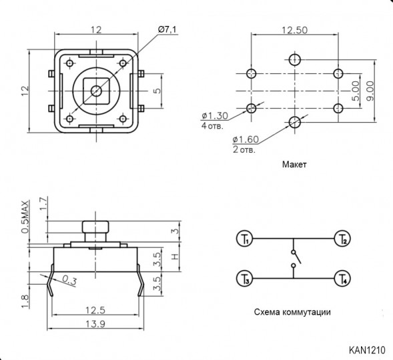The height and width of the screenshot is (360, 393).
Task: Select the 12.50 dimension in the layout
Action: [x=295, y=29]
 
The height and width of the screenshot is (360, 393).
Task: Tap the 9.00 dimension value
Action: [x=370, y=90]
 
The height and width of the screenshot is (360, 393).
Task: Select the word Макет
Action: [x=294, y=164]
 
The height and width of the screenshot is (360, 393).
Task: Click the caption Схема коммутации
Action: [x=292, y=311]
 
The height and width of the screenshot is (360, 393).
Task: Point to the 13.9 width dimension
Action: [x=97, y=323]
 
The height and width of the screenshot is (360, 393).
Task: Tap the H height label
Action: [x=175, y=257]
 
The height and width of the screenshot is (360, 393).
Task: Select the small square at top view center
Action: [x=97, y=90]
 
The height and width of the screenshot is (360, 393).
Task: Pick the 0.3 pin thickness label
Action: [x=69, y=280]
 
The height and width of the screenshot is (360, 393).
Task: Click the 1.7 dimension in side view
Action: [x=44, y=201]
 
